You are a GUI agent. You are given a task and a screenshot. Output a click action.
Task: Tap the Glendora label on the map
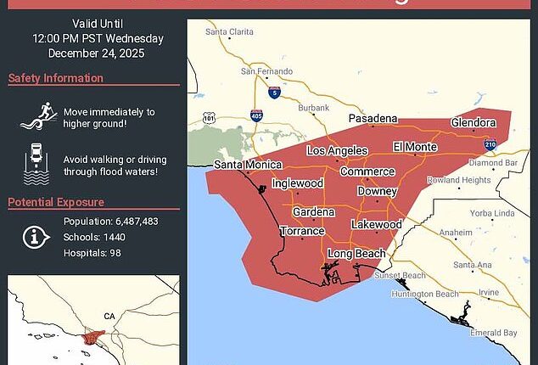[x=474, y=122]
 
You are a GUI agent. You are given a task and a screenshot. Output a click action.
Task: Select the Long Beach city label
[x=356, y=254]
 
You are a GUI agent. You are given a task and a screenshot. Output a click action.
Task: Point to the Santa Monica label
[x=243, y=165]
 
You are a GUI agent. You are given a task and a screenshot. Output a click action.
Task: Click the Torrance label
[x=303, y=231]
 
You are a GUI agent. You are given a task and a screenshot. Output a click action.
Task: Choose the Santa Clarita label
[x=229, y=33]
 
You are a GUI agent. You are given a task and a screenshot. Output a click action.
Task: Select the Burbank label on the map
[x=315, y=109]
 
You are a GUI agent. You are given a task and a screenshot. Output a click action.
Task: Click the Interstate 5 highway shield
[x=273, y=93]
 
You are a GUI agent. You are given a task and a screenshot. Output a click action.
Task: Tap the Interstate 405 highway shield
[x=255, y=113]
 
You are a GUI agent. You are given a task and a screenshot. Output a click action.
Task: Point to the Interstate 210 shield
[x=490, y=145]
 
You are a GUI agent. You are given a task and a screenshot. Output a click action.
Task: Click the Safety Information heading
[x=50, y=79]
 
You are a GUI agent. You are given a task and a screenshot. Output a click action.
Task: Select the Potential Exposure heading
[x=56, y=202]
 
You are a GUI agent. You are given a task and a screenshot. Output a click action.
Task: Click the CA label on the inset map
[x=109, y=317]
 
